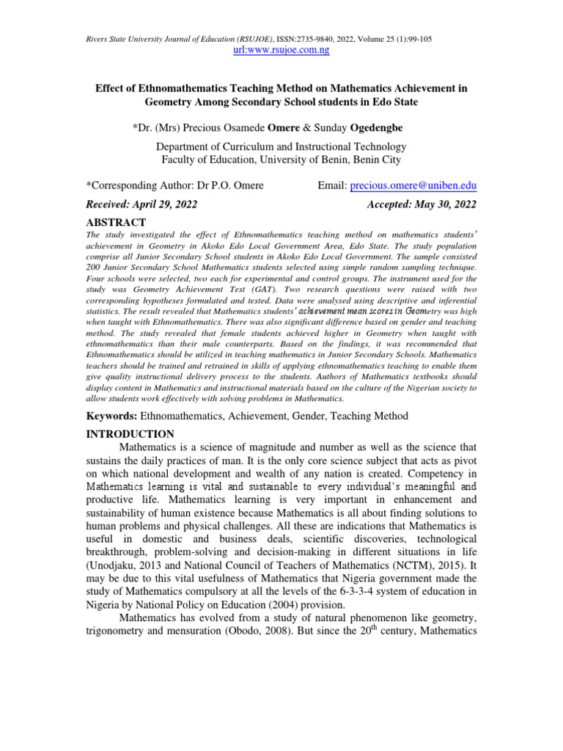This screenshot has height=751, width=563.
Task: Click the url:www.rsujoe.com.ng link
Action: pos(281,50)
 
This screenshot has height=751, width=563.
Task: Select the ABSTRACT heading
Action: pos(117,222)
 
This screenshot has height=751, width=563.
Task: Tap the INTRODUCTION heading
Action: pos(130,434)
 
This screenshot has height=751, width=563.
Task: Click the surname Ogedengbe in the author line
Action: pos(370,128)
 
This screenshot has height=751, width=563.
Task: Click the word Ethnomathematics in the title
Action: pos(187,88)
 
